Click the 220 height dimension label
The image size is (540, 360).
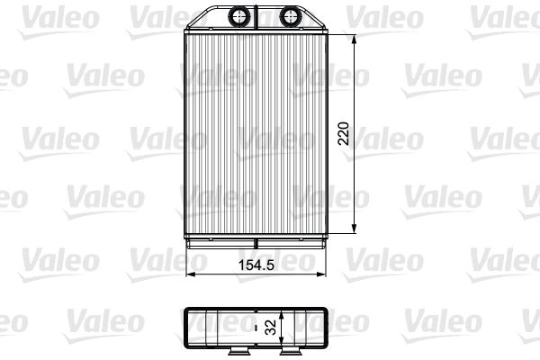(x=344, y=133)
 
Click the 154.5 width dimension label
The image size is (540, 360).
(x=256, y=265)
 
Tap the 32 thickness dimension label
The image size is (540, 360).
(x=271, y=327)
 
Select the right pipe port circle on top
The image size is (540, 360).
(x=291, y=16)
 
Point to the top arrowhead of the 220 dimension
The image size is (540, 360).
(x=354, y=40)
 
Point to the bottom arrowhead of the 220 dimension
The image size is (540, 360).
(x=354, y=229)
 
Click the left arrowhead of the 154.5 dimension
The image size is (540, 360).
(x=191, y=274)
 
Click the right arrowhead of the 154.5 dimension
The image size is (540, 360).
(x=320, y=274)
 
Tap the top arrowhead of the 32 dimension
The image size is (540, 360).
(x=282, y=316)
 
